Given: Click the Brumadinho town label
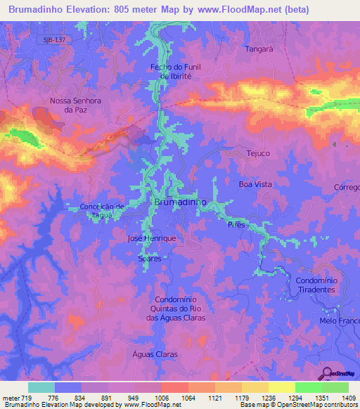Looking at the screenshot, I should tap(179, 202).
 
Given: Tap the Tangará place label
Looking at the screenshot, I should tap(259, 49).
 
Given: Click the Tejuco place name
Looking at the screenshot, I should tap(258, 153).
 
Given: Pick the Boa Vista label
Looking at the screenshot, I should tap(255, 184).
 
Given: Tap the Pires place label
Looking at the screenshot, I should tap(236, 225).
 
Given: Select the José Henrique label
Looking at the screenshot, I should tap(152, 239).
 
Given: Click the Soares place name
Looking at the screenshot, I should tap(150, 259).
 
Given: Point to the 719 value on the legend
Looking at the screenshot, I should tap(27, 397).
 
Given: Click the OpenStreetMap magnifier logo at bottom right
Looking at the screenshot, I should tap(327, 373).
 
